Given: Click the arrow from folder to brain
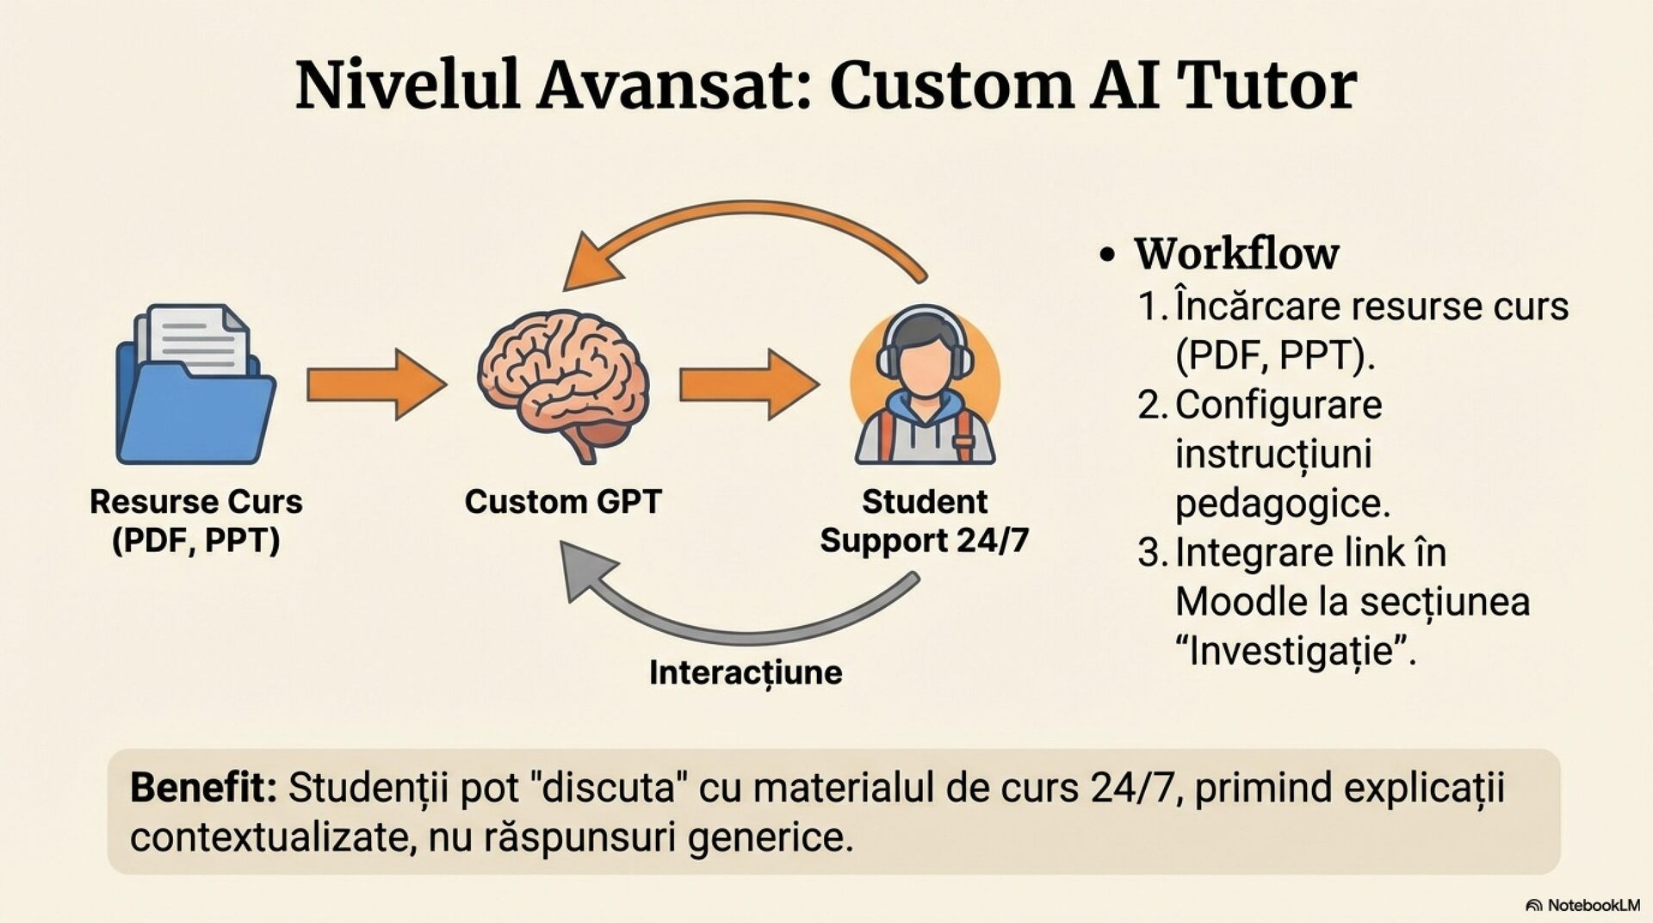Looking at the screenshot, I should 375,384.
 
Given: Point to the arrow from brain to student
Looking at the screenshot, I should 747,384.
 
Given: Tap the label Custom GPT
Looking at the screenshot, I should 563,501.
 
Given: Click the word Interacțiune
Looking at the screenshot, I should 746,672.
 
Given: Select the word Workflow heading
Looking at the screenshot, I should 1236,253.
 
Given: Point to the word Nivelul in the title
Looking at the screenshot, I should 407,85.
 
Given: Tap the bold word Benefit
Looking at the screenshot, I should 203,788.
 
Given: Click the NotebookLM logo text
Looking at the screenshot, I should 1593,905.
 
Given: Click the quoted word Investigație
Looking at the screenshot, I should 1296,650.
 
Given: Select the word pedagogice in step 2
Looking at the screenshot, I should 1282,504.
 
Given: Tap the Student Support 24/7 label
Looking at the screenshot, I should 925,521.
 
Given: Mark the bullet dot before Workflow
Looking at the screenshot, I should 1108,255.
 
